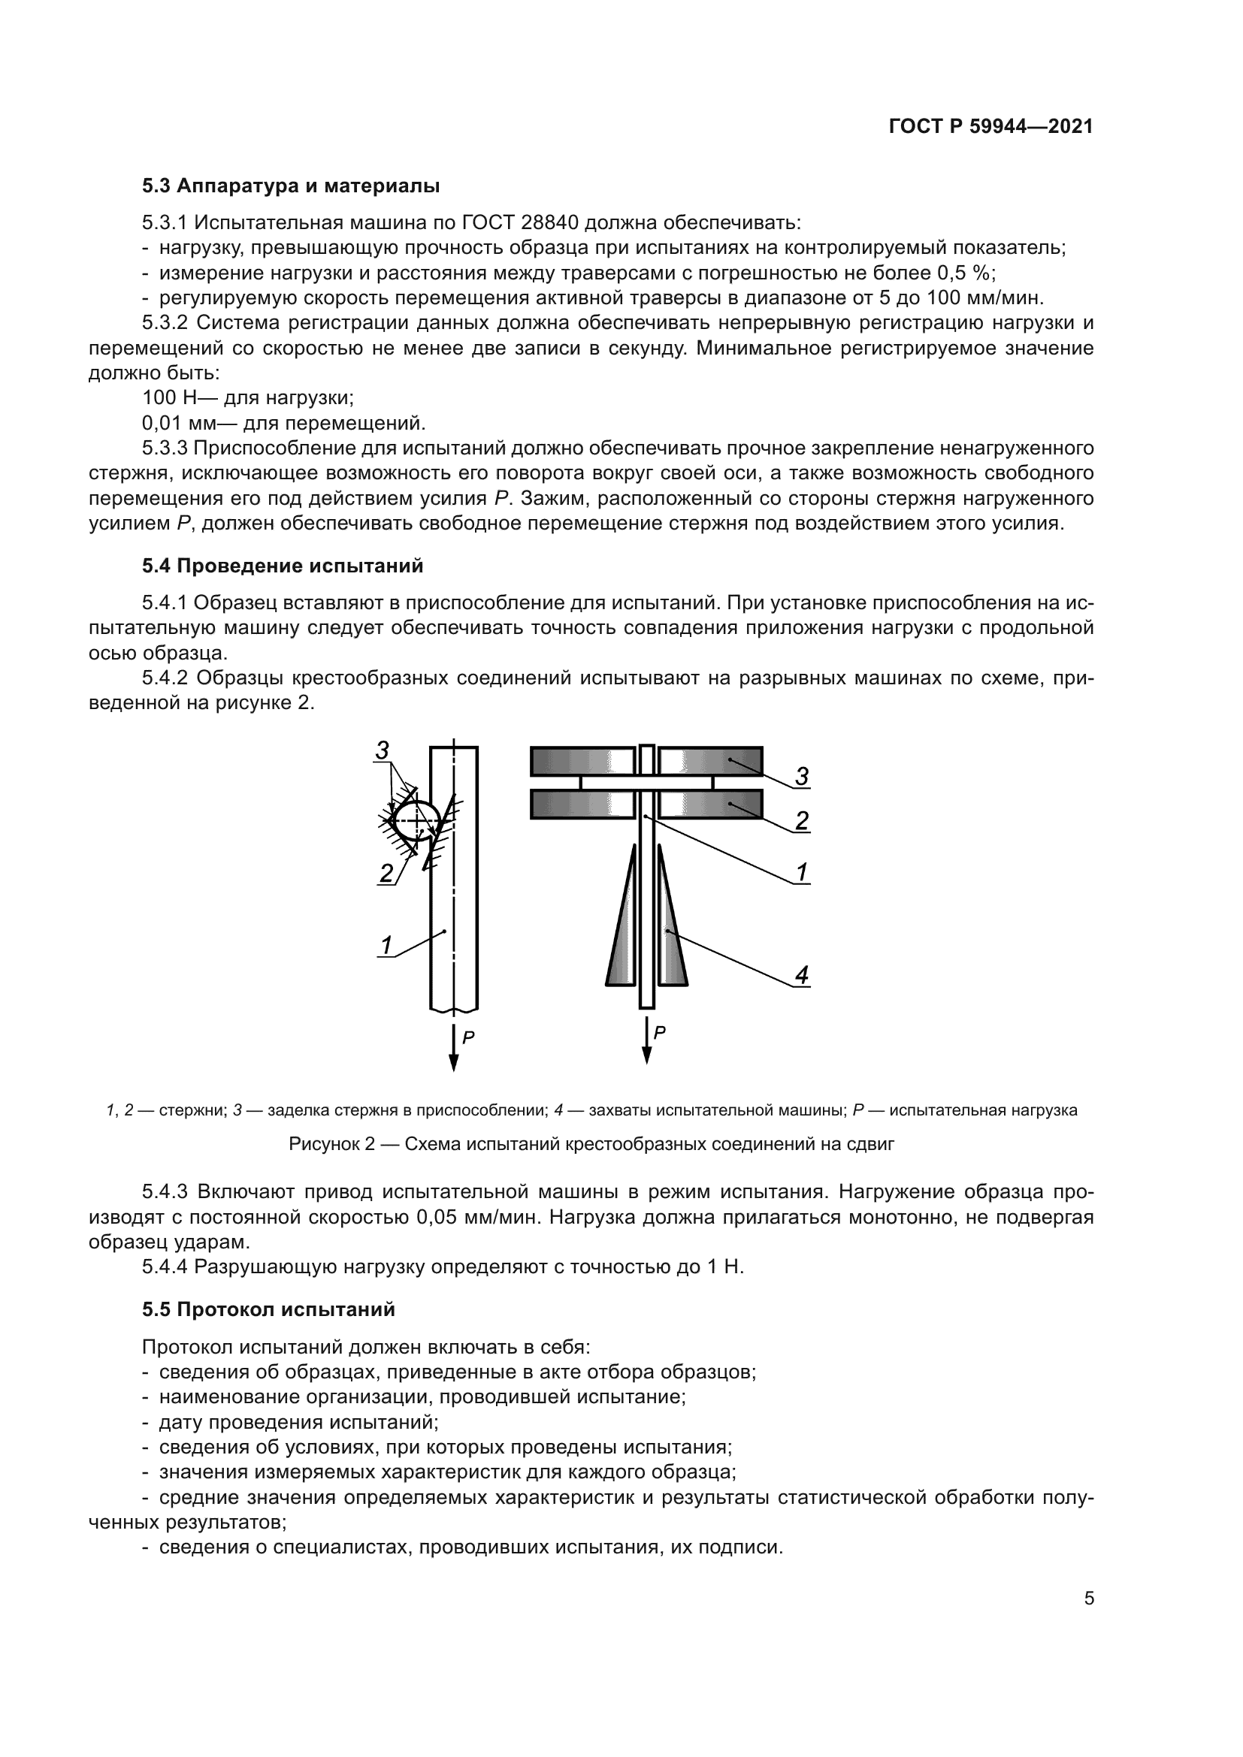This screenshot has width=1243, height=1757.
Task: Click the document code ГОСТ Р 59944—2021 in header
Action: [990, 127]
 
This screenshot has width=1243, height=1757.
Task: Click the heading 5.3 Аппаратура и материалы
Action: [291, 186]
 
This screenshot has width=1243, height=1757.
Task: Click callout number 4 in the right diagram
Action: [801, 975]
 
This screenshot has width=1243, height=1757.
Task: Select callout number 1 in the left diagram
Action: [386, 946]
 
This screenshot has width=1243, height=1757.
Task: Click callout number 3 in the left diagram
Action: [382, 750]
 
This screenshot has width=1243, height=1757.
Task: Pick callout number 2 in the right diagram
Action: [801, 821]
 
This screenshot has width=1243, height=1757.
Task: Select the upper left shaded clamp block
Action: [582, 762]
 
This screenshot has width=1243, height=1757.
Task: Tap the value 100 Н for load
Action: [170, 397]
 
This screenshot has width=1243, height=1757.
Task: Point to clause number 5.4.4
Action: [165, 1266]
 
